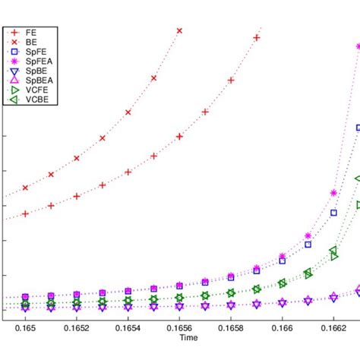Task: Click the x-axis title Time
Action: [x=180, y=335]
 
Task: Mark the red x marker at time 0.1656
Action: [x=179, y=31]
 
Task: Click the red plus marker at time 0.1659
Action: [x=257, y=38]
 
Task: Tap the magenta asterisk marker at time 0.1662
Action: [x=333, y=194]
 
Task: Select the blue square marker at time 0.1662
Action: [x=333, y=213]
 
